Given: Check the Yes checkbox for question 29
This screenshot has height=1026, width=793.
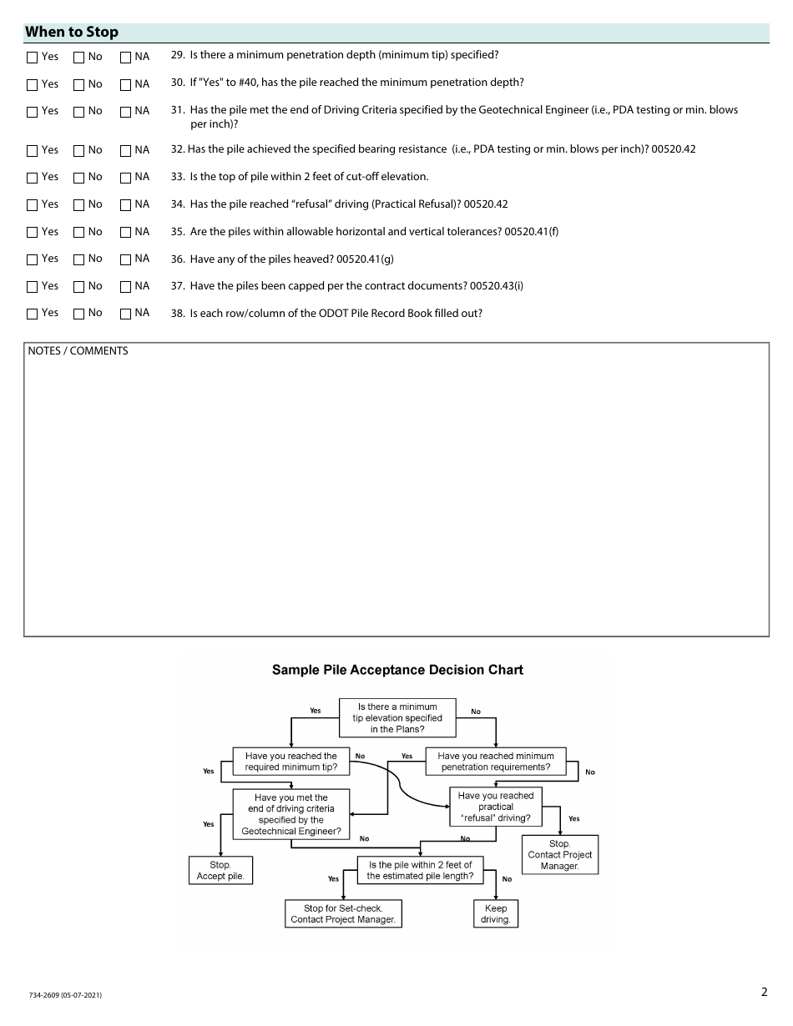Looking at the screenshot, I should (x=33, y=58).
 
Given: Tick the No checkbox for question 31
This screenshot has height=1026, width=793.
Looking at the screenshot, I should (x=79, y=112).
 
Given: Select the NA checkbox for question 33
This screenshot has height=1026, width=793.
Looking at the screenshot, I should (x=126, y=178).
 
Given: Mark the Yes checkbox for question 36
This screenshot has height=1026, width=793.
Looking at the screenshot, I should (x=33, y=259).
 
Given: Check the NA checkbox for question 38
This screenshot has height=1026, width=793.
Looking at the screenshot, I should (x=126, y=314).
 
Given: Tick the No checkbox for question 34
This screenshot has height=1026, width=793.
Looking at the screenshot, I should (x=79, y=205).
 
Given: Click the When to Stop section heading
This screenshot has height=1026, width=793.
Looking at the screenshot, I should (x=72, y=33).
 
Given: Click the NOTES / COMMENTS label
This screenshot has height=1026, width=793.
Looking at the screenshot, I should (x=78, y=351).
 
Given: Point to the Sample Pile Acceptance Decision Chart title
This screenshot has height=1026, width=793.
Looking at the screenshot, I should (x=397, y=670).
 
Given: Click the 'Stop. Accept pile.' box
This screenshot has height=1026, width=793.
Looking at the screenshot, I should (x=220, y=871).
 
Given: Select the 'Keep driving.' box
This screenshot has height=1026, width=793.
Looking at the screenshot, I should (x=495, y=914).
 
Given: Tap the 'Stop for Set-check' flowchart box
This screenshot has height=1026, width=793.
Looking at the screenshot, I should (x=343, y=914).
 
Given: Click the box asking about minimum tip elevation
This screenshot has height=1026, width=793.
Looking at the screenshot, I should (x=397, y=718).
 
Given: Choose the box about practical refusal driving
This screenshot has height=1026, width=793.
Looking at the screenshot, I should (x=495, y=807).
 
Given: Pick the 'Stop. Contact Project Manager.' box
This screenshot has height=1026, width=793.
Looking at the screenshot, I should (x=559, y=855).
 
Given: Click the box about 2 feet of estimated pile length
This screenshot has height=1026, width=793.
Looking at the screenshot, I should (x=420, y=870).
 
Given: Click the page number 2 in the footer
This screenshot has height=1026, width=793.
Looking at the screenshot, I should (x=764, y=992).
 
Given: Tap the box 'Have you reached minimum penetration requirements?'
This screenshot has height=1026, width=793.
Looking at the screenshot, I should (x=495, y=762).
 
